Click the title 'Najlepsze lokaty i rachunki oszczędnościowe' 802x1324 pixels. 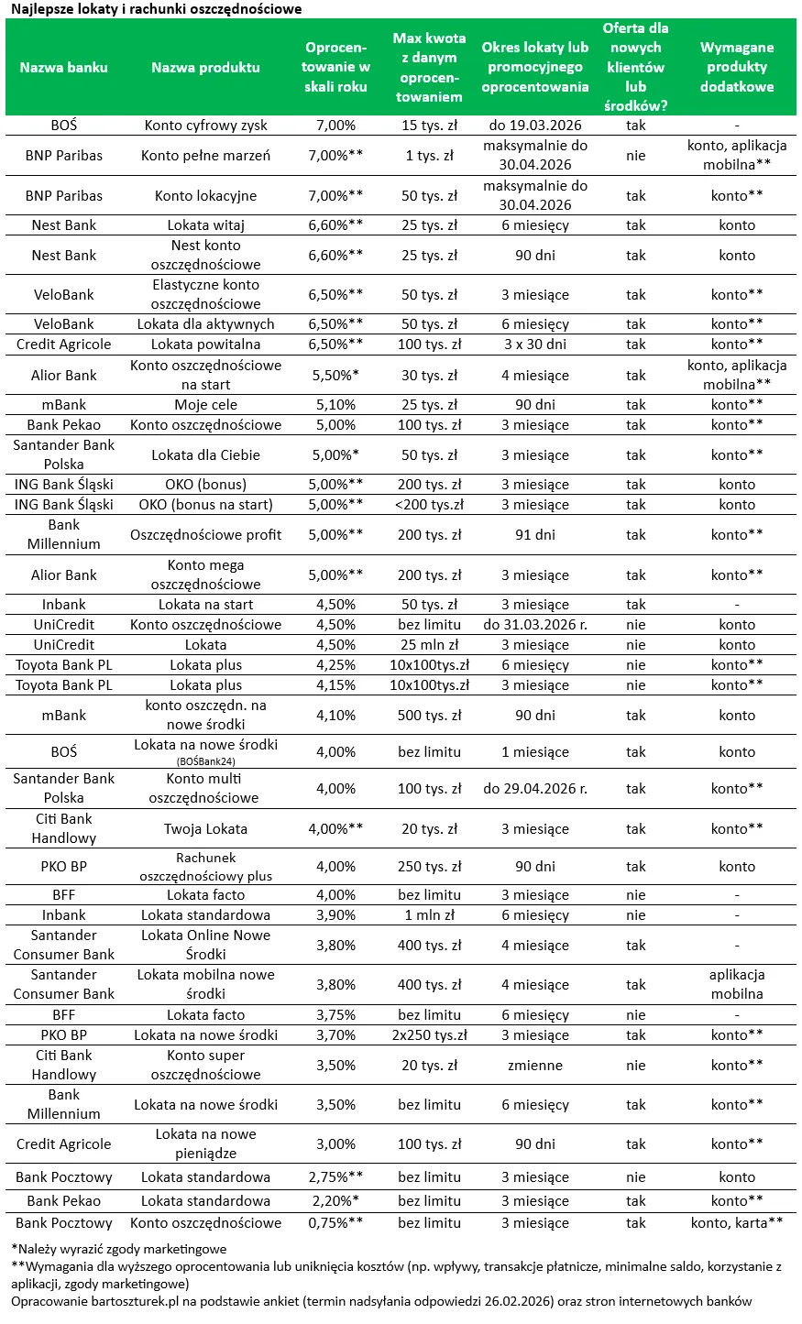pos(156,9)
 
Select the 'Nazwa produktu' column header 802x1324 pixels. pos(205,67)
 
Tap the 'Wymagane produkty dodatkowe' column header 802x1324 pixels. pos(737,67)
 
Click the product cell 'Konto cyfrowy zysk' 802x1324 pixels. pos(205,126)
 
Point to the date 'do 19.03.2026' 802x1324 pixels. pos(535,126)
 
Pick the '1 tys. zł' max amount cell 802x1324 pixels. pos(429,156)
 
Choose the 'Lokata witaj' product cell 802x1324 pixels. pos(205,225)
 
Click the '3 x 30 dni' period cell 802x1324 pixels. pos(535,345)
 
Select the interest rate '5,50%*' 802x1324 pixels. pos(335,376)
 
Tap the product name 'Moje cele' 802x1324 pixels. pos(205,405)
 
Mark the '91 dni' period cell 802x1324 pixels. pos(535,535)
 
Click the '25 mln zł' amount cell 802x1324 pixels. pos(429,645)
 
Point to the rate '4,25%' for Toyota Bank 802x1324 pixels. pos(335,665)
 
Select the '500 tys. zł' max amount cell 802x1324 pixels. pos(429,716)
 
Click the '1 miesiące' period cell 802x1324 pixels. pos(535,752)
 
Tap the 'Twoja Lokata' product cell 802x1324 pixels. pos(205,829)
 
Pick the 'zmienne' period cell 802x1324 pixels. pos(535,1066)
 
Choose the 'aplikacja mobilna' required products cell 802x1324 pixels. pos(737,985)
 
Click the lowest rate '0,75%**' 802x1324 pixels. pos(335,1223)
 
